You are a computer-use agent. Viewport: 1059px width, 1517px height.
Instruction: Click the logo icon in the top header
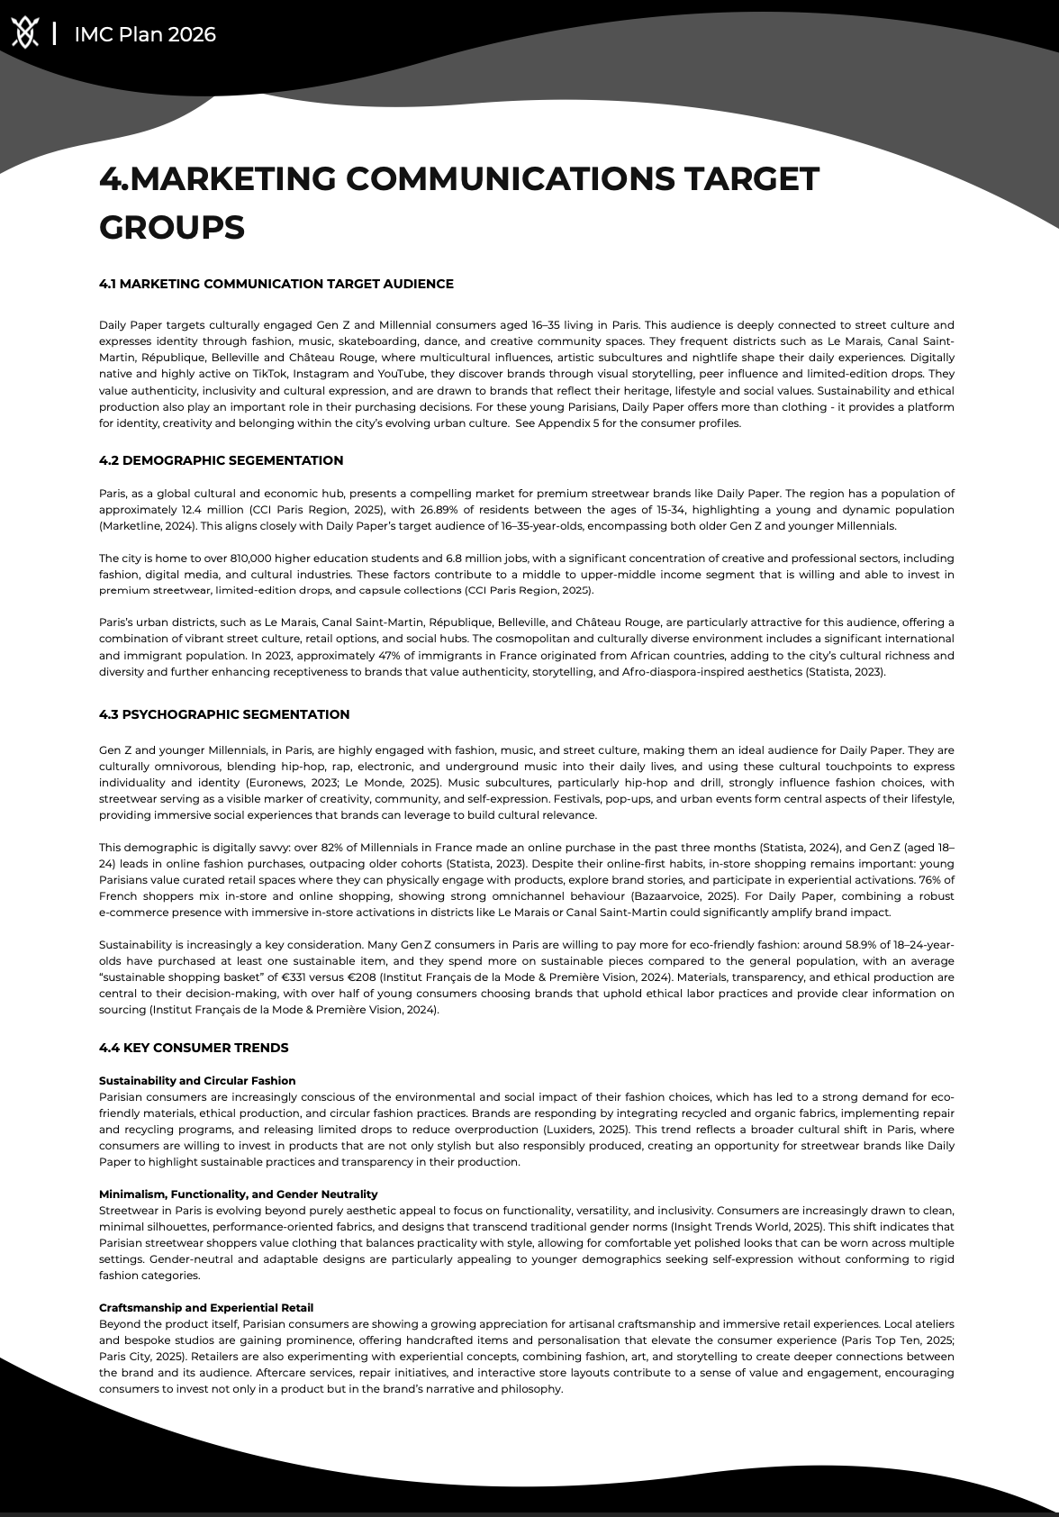click(x=25, y=34)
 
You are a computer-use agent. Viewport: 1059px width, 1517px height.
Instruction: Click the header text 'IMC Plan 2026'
click(x=145, y=34)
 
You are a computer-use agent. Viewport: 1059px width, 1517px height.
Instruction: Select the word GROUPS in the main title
click(x=171, y=227)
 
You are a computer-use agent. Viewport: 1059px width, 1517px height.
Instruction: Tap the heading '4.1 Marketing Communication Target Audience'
click(x=276, y=284)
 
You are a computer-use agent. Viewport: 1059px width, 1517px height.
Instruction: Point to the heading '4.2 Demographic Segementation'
click(x=221, y=460)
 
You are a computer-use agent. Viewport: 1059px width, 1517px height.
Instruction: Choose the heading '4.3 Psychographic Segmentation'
click(x=224, y=714)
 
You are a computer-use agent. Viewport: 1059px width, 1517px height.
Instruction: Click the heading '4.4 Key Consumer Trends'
click(x=194, y=1048)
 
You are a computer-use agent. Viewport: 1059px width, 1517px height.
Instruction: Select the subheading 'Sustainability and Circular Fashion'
click(x=197, y=1080)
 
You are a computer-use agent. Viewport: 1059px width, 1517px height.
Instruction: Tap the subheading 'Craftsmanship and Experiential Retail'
click(x=206, y=1307)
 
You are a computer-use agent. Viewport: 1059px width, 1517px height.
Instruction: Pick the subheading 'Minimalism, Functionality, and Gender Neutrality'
click(x=238, y=1194)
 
